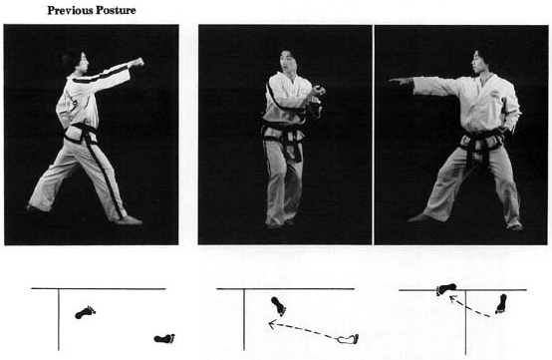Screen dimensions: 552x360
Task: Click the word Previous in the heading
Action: (x=69, y=11)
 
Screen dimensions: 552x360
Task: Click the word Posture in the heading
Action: (x=115, y=11)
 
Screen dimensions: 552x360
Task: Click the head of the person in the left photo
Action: (x=76, y=62)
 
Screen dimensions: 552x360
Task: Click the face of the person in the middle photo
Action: (x=288, y=62)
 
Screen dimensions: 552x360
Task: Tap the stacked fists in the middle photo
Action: (x=318, y=95)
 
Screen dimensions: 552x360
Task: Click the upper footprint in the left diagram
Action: (x=86, y=312)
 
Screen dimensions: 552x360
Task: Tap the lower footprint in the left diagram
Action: (x=164, y=338)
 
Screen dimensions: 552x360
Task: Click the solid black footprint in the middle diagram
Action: (x=279, y=306)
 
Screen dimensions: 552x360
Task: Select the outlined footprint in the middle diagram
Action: (x=348, y=339)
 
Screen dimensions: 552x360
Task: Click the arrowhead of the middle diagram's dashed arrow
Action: (x=272, y=324)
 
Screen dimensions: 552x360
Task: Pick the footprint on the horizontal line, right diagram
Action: (x=446, y=289)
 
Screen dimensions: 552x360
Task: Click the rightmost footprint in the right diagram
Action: (x=501, y=303)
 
